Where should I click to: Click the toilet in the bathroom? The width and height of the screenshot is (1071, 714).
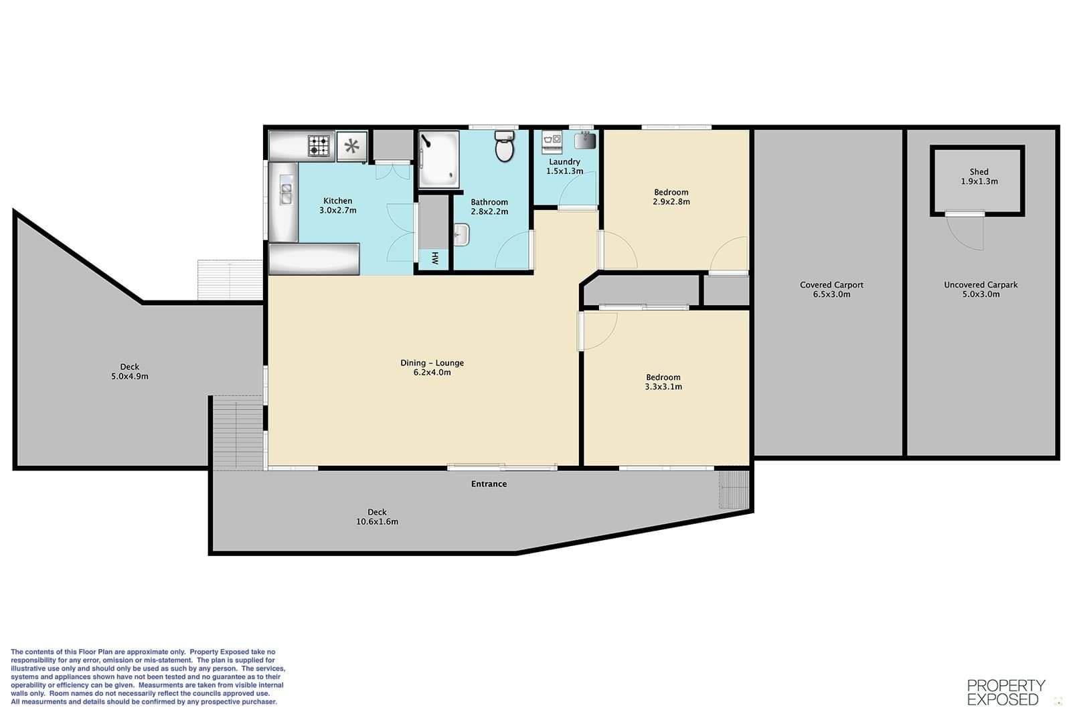(x=505, y=146)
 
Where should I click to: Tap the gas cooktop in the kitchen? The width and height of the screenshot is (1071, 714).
(x=319, y=146)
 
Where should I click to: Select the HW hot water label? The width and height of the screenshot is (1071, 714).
(x=435, y=258)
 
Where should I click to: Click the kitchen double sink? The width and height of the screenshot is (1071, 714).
(x=286, y=189)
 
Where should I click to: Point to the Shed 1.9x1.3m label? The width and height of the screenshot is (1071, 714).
(x=979, y=177)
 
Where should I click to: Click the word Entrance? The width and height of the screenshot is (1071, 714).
(x=489, y=484)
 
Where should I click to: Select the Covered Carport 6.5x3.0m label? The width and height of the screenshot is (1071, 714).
(x=831, y=289)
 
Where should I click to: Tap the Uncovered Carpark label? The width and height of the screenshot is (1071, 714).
(x=981, y=285)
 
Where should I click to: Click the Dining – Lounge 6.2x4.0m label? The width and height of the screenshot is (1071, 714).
(x=432, y=367)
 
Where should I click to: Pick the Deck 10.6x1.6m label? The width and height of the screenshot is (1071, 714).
(x=377, y=517)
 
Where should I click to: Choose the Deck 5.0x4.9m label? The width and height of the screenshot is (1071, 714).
(x=130, y=371)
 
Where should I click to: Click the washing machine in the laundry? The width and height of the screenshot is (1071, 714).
(x=552, y=141)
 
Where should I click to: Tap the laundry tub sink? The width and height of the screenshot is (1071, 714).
(x=585, y=141)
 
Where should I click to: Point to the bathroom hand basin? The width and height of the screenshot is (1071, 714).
(x=461, y=235)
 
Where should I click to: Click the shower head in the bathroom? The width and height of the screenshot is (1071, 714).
(x=425, y=141)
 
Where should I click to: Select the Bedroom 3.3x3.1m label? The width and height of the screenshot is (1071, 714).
(x=663, y=382)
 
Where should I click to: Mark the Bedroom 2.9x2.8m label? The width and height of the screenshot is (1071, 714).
(x=671, y=197)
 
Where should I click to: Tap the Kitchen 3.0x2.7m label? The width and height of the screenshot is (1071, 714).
(x=337, y=205)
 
